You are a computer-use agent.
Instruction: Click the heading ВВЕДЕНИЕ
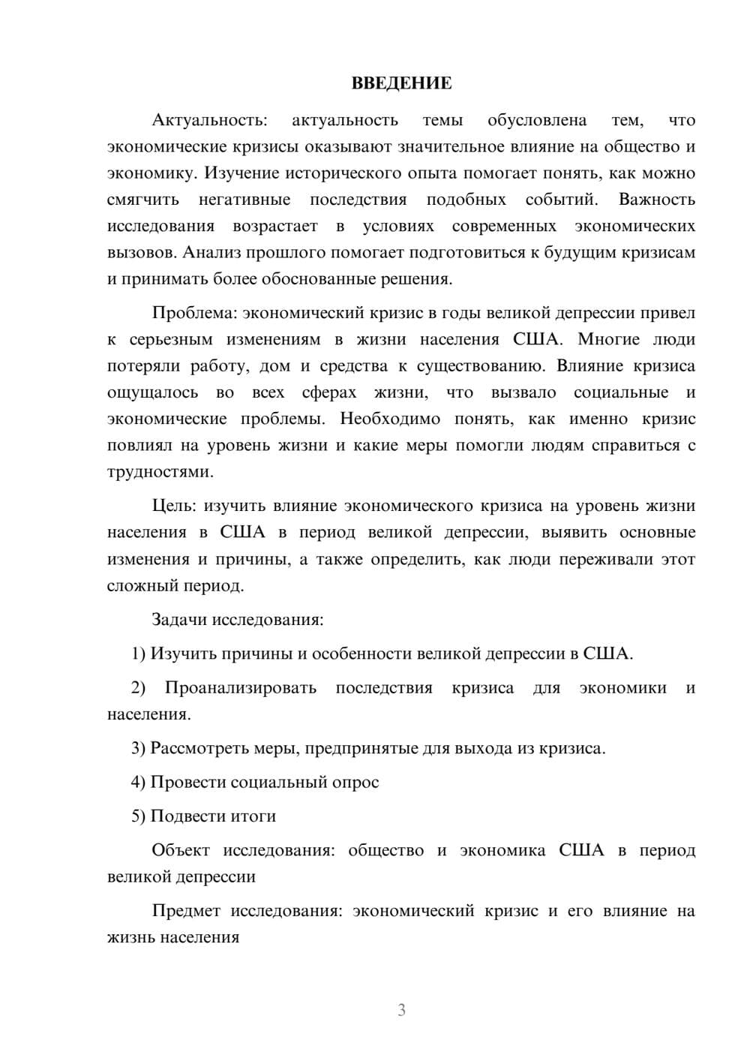point(401,83)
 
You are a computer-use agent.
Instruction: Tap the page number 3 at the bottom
point(401,1010)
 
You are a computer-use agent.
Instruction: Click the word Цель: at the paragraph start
point(174,506)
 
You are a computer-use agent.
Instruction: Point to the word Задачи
point(179,620)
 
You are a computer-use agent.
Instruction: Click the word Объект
point(179,850)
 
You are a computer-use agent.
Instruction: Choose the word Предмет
point(186,911)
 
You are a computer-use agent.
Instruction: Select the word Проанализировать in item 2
point(241,688)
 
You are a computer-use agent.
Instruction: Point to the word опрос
point(355,783)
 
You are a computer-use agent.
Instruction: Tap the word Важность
point(657,200)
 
